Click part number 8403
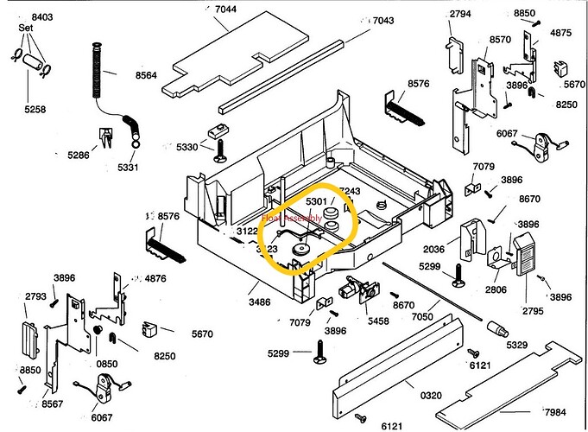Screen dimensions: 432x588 42,17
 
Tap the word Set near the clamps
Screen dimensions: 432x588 27,28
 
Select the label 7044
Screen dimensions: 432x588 225,10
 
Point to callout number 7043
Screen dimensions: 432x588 383,21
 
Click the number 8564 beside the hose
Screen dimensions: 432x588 145,75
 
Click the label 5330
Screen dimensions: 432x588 187,147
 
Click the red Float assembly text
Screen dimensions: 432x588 292,221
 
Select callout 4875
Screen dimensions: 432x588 561,33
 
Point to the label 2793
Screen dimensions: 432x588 36,295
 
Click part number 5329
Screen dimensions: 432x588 517,346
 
